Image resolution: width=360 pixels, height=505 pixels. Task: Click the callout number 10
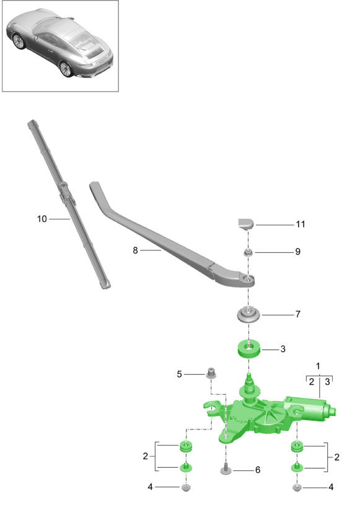coord(42,219)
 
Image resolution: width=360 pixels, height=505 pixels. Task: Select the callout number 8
coord(135,250)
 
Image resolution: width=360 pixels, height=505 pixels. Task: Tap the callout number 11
coord(301,224)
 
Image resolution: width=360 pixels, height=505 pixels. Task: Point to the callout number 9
coord(298,252)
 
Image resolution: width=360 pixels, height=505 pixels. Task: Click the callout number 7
coord(298,314)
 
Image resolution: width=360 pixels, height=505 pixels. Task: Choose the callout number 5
coord(179,374)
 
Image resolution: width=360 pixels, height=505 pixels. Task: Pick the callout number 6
coord(258,470)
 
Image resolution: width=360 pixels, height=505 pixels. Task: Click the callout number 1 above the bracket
coord(318,366)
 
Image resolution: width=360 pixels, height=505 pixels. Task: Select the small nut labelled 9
coord(248,253)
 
